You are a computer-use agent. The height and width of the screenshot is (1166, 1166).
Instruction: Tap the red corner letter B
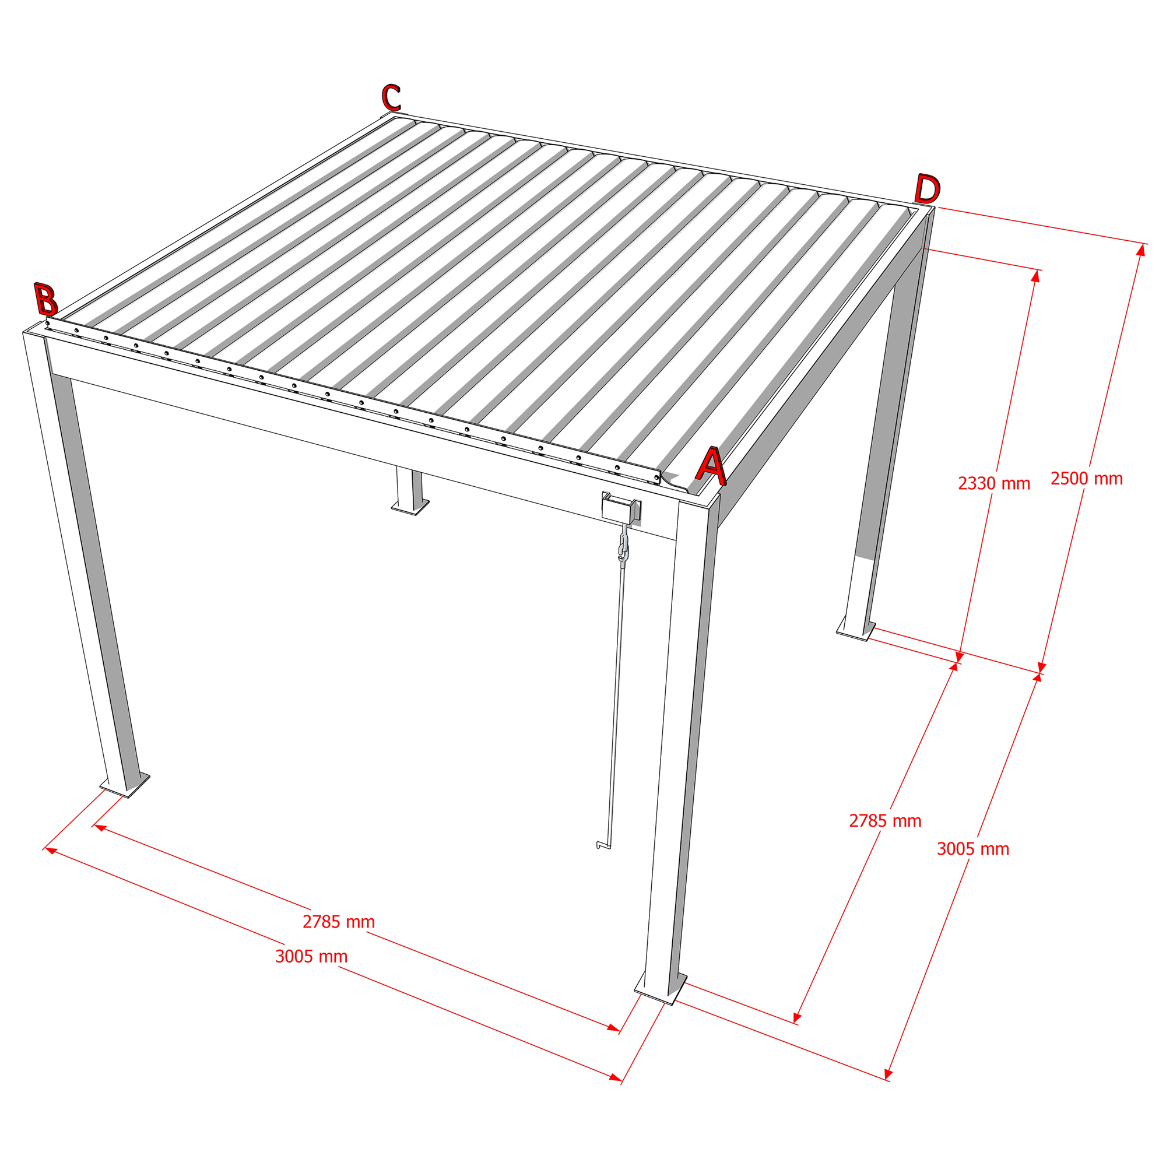click(x=45, y=299)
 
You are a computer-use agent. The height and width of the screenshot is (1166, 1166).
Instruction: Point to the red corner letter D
click(x=927, y=189)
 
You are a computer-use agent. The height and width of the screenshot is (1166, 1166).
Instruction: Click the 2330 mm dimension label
click(x=993, y=483)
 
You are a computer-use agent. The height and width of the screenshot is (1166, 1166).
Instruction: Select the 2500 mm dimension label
click(x=1086, y=479)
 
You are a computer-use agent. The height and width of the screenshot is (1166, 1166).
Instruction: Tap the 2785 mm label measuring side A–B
click(x=339, y=922)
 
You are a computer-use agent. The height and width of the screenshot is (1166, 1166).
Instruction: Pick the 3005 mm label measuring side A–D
click(x=973, y=849)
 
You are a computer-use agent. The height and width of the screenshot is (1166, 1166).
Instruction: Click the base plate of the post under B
click(x=124, y=785)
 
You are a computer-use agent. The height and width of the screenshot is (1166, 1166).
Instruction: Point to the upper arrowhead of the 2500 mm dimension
click(x=1141, y=250)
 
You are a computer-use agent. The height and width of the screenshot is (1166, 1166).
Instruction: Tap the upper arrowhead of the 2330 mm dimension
click(x=1035, y=276)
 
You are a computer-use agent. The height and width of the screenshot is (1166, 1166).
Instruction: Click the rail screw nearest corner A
click(x=656, y=478)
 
